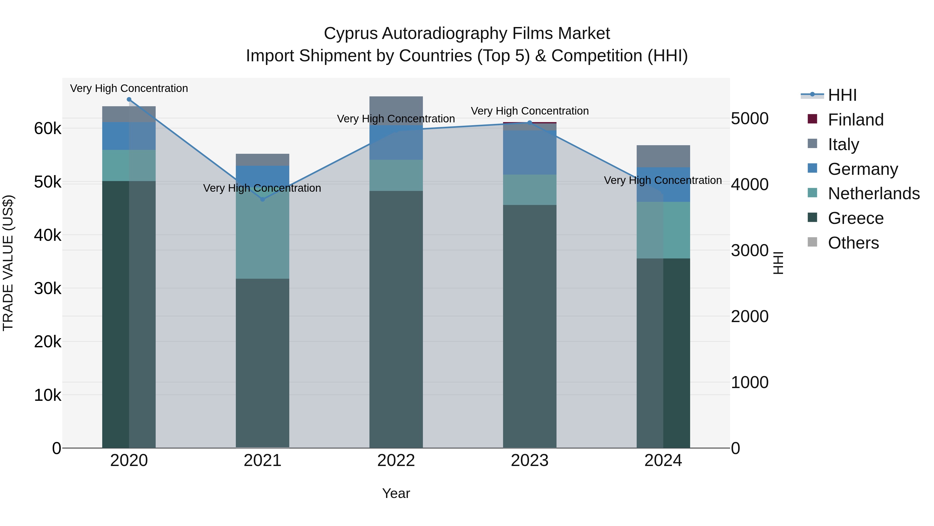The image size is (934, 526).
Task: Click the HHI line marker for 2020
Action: [129, 99]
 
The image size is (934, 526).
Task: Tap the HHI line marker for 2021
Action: [263, 199]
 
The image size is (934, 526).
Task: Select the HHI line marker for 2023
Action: [530, 123]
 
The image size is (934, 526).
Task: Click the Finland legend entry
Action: [856, 120]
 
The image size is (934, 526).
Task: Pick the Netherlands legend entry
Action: [874, 194]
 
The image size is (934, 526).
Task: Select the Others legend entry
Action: [853, 243]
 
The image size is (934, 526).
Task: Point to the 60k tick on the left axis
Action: [47, 129]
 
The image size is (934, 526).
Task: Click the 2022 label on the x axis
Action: [396, 461]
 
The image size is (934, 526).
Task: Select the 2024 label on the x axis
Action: [663, 461]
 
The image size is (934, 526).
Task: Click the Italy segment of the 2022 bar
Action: [396, 111]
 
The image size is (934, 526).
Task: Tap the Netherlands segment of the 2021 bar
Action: [263, 236]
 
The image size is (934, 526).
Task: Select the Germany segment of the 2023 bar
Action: [530, 152]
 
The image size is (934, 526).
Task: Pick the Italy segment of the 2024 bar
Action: [663, 156]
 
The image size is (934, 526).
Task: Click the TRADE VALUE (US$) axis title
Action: [8, 263]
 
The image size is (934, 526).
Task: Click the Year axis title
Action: [396, 494]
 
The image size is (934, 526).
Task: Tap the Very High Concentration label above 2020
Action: [129, 89]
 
